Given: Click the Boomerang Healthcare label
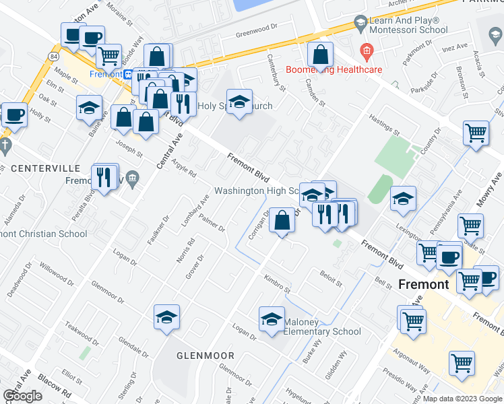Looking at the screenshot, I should pyautogui.click(x=334, y=69).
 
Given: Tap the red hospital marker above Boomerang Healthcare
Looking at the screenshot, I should pyautogui.click(x=367, y=50).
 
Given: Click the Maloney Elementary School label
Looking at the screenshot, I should pyautogui.click(x=321, y=327).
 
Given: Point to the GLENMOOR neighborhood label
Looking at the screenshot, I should pyautogui.click(x=206, y=355).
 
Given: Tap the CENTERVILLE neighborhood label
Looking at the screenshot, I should pyautogui.click(x=41, y=167).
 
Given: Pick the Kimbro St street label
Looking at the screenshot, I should pyautogui.click(x=276, y=281).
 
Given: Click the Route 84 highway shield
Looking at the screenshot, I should pyautogui.click(x=54, y=55).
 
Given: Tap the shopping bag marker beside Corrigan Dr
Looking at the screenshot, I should pyautogui.click(x=282, y=220).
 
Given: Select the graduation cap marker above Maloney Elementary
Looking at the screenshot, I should pyautogui.click(x=272, y=318).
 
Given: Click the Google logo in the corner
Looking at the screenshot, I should pyautogui.click(x=23, y=396).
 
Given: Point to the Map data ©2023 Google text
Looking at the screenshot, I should pyautogui.click(x=462, y=399).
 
